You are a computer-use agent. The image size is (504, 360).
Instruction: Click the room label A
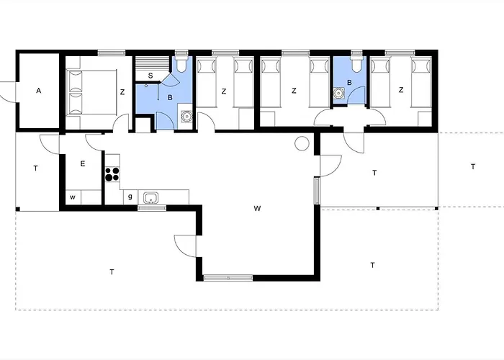(39, 91)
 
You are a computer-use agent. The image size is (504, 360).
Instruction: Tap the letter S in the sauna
(150, 76)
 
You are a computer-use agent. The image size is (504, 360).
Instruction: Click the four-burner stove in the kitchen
(112, 174)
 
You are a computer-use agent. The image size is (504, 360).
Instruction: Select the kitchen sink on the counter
(150, 198)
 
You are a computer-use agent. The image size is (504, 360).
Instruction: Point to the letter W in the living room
(257, 209)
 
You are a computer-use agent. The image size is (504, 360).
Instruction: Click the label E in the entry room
(83, 164)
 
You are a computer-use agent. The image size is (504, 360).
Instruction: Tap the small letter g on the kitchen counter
(130, 197)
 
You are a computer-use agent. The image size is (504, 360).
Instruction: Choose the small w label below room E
(73, 197)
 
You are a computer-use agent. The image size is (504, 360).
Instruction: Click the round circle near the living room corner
(302, 143)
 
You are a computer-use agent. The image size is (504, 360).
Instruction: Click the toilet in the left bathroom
(181, 63)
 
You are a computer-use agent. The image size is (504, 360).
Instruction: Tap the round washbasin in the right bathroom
(338, 93)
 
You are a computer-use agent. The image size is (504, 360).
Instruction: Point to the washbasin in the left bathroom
(186, 116)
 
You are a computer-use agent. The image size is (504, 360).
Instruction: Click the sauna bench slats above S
(152, 63)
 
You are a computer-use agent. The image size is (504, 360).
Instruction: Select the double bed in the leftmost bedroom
(91, 92)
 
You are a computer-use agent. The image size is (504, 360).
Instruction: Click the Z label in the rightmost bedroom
(400, 90)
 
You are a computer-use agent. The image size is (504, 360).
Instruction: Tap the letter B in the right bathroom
(350, 83)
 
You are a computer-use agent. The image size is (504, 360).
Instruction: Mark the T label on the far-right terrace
(473, 167)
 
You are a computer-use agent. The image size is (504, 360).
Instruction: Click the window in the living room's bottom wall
(228, 278)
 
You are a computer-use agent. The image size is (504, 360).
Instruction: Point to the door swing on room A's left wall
(7, 93)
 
